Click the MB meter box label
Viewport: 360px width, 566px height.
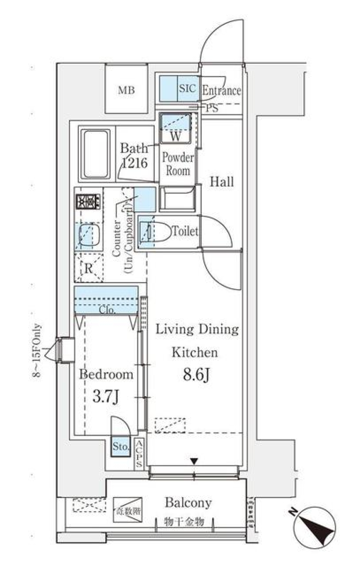pyautogui.click(x=126, y=90)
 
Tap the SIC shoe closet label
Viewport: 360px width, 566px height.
pyautogui.click(x=187, y=88)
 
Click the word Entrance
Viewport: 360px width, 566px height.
pyautogui.click(x=221, y=90)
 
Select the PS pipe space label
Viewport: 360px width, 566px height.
pyautogui.click(x=212, y=108)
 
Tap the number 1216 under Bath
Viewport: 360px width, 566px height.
pyautogui.click(x=134, y=163)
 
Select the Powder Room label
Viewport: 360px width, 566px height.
pyautogui.click(x=178, y=164)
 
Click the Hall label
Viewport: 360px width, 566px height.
pyautogui.click(x=222, y=182)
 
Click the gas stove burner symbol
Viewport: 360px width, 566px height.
pyautogui.click(x=88, y=202)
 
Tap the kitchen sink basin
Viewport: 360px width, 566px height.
pyautogui.click(x=89, y=236)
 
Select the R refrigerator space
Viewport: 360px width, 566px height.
pyautogui.click(x=89, y=268)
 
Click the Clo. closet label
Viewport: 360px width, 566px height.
pyautogui.click(x=107, y=310)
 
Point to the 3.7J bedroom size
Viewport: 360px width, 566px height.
pyautogui.click(x=106, y=397)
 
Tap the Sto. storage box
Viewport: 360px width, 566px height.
pyautogui.click(x=121, y=446)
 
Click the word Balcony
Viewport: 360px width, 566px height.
pyautogui.click(x=188, y=503)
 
